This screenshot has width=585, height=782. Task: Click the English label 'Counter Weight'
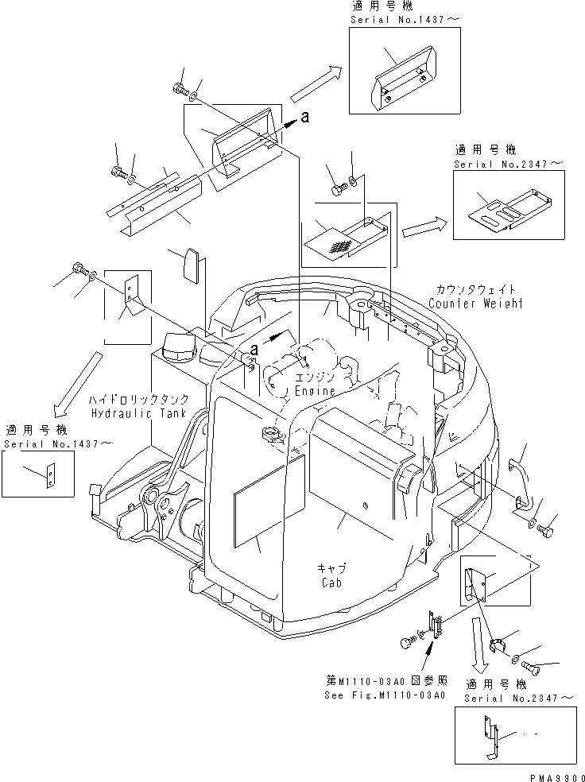(475, 304)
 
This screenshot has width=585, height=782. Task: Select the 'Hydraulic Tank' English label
(138, 413)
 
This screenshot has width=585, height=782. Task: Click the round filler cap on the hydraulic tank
(175, 347)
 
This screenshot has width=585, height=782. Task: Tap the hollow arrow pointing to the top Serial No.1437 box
(317, 83)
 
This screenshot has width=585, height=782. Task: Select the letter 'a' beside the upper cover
(305, 118)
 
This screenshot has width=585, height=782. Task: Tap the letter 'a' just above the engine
(254, 349)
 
